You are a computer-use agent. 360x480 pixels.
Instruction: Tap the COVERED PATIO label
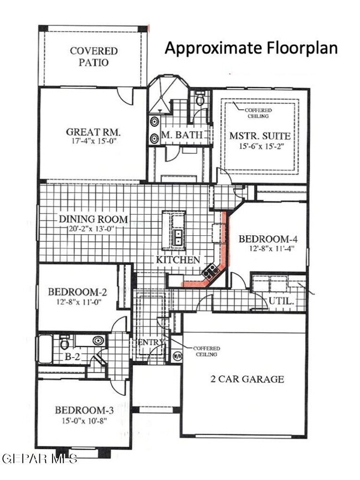click(93, 56)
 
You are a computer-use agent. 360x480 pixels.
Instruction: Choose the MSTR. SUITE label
click(260, 136)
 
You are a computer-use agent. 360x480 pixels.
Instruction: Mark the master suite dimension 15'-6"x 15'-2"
click(260, 147)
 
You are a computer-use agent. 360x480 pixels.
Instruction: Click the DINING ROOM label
click(93, 219)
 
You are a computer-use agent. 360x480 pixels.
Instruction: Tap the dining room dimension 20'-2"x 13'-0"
click(93, 229)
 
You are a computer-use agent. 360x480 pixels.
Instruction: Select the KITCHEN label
click(177, 259)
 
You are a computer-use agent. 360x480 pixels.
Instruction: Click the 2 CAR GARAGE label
click(247, 379)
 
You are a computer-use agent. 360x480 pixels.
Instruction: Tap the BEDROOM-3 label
click(84, 410)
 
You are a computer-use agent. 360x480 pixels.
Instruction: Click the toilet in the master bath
click(200, 100)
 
